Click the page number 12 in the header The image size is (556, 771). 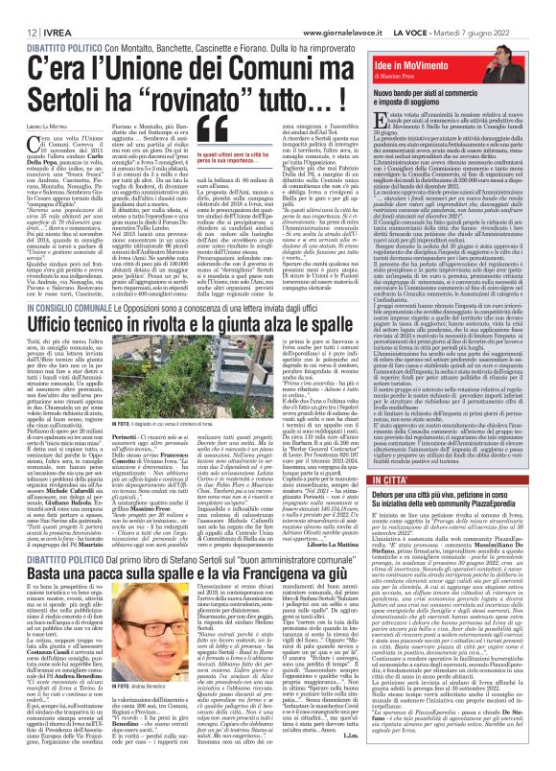click(x=18, y=10)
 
